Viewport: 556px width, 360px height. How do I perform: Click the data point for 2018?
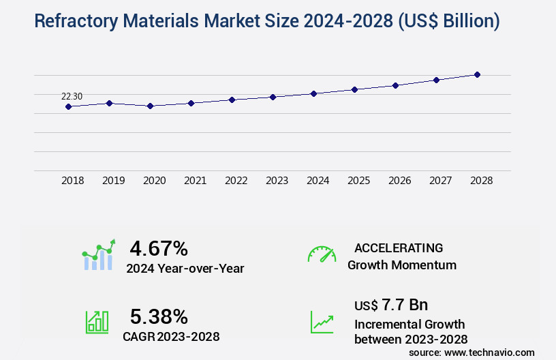(x=68, y=106)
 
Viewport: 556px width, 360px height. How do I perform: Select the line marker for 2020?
(x=150, y=106)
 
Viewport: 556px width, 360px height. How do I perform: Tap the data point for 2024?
(x=313, y=93)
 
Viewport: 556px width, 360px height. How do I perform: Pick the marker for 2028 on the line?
(x=477, y=74)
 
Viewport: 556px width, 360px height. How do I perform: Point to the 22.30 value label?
(x=72, y=96)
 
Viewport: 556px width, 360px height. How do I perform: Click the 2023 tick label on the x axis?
(x=277, y=181)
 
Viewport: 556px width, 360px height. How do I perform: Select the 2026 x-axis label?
(x=399, y=181)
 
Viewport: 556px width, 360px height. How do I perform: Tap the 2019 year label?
(x=113, y=181)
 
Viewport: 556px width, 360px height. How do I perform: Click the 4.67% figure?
(x=159, y=247)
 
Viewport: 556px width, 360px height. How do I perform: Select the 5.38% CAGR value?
(x=159, y=316)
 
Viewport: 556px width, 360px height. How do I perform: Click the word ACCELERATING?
(x=399, y=247)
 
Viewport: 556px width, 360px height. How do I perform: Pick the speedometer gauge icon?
(x=322, y=254)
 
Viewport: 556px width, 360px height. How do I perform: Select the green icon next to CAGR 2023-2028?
(x=97, y=322)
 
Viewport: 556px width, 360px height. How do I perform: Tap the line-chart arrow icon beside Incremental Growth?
(x=322, y=322)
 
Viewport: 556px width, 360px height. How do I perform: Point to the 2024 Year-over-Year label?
(x=185, y=269)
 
